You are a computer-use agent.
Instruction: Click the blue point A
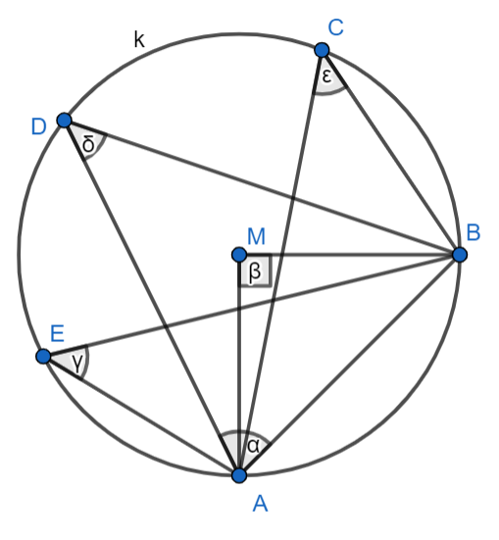[239, 475]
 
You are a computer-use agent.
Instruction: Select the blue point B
[460, 255]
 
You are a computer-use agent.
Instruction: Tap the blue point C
[322, 50]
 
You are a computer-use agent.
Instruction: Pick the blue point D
[64, 121]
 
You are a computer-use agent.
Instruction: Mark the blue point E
[43, 356]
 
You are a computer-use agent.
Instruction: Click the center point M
[239, 255]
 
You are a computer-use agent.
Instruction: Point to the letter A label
[260, 504]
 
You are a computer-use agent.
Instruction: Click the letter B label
[474, 232]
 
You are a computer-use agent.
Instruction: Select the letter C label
[335, 27]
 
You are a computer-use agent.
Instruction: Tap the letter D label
[38, 126]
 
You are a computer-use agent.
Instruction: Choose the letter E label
[57, 333]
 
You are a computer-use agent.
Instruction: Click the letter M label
[257, 236]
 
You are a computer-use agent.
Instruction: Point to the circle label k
[139, 39]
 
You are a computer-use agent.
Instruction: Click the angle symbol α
[253, 446]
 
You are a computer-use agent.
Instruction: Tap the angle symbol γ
[77, 363]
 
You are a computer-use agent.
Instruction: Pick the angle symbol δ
[88, 144]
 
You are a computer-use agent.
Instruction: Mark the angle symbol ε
[326, 76]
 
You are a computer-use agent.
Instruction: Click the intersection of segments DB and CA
[293, 198]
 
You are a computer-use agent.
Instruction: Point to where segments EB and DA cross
[166, 325]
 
